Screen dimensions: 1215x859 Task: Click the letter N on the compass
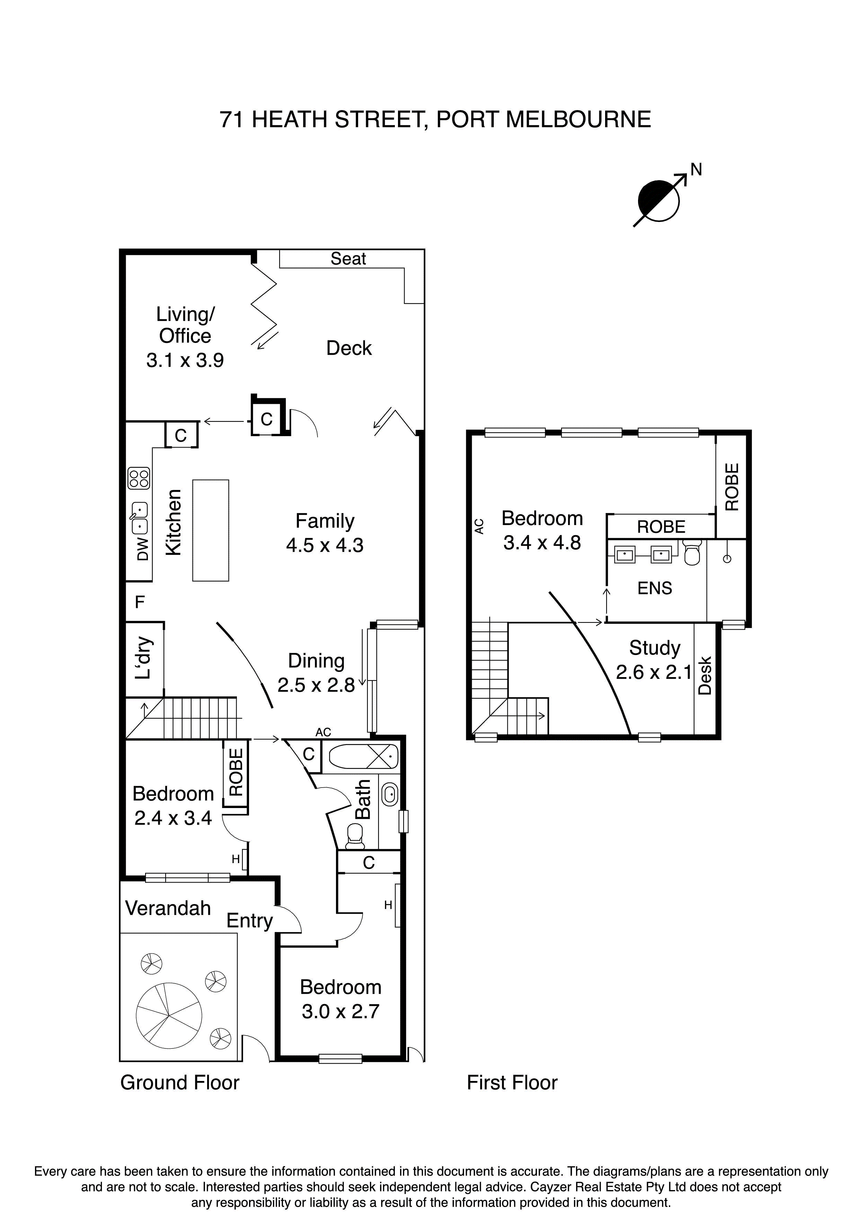pos(696,169)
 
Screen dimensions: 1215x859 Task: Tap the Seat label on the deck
pos(348,259)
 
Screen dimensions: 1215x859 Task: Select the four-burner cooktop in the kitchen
pos(139,478)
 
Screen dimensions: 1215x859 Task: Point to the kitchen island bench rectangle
pos(211,530)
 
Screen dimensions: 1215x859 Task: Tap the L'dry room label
pos(143,658)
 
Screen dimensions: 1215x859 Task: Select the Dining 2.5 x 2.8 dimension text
pos(316,685)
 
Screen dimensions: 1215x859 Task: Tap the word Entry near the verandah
pos(249,921)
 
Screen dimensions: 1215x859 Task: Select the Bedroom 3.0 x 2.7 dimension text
pos(340,1011)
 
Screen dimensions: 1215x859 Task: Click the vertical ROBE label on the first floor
pos(732,487)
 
